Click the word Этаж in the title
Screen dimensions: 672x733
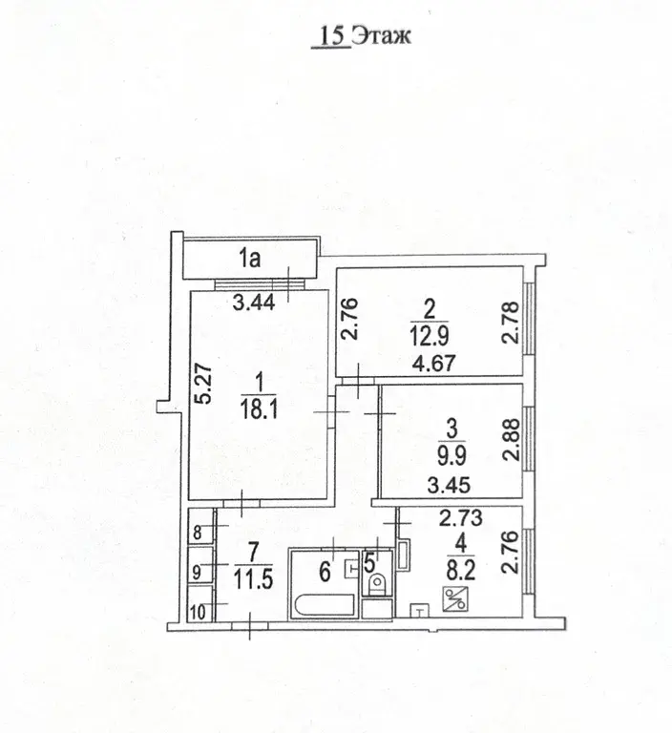(381, 35)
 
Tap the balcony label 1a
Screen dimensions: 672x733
(249, 259)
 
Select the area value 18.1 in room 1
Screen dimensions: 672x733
(259, 409)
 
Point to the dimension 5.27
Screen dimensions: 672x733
(204, 385)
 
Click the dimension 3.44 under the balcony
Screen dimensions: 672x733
(254, 304)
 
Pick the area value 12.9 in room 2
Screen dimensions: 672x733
(430, 335)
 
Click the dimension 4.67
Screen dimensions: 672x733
(434, 364)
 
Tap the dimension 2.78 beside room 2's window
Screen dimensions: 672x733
(511, 323)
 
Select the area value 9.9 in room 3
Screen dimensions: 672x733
(451, 455)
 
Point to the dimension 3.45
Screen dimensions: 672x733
(449, 485)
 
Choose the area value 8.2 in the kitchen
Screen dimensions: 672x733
(461, 571)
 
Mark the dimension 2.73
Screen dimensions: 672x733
(461, 517)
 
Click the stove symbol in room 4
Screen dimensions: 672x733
(454, 598)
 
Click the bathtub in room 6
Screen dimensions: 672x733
(325, 605)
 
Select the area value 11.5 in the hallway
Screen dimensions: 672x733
(253, 579)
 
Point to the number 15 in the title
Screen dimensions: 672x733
(332, 35)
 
